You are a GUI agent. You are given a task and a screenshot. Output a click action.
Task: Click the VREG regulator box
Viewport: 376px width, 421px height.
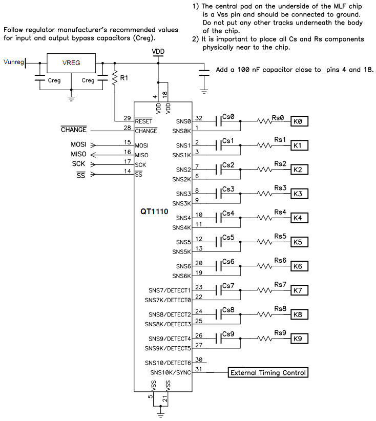point(71,63)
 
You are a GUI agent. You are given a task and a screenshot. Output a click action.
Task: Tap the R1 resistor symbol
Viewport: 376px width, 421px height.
point(114,78)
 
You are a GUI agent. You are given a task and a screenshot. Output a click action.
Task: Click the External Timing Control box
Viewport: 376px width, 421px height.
point(268,372)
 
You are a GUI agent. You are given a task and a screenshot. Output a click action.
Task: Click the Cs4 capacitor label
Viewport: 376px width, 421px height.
point(228,213)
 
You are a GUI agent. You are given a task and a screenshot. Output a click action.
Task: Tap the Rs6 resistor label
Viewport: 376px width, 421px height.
point(280,260)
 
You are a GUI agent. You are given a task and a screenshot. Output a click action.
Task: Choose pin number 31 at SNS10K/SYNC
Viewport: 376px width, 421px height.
point(199,369)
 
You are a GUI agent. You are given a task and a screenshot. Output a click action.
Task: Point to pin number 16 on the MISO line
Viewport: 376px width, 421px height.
point(127,151)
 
